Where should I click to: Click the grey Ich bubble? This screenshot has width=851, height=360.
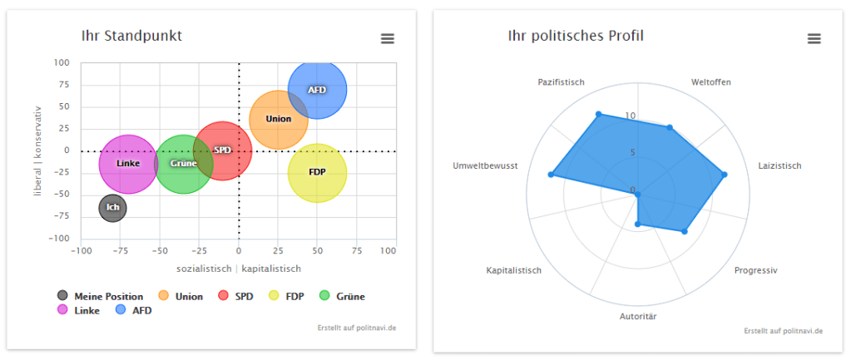click(x=112, y=207)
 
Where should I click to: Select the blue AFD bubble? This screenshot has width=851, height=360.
click(x=317, y=89)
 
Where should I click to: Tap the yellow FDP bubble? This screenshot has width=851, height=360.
click(x=317, y=173)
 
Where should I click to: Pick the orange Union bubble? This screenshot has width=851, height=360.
click(x=279, y=119)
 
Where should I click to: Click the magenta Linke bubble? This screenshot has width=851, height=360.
click(x=128, y=164)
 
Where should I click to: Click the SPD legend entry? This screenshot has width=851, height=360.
click(x=235, y=296)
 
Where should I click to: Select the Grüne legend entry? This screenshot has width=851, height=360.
click(x=342, y=296)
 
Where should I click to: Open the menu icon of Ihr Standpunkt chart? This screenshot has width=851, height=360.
click(x=388, y=38)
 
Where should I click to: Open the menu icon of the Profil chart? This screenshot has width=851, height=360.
click(x=814, y=38)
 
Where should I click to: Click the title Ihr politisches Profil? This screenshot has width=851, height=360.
click(x=576, y=36)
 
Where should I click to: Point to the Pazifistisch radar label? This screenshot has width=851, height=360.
click(x=561, y=82)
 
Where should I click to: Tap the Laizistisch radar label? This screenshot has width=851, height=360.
click(x=779, y=165)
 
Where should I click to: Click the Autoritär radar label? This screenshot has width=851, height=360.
click(x=638, y=316)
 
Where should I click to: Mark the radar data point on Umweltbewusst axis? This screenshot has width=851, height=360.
click(x=551, y=175)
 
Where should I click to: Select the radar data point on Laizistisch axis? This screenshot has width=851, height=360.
click(x=725, y=175)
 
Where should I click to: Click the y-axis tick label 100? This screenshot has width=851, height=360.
click(x=61, y=62)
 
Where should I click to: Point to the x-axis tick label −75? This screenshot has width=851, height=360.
click(x=119, y=250)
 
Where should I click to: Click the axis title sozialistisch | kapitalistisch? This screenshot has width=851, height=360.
click(x=239, y=269)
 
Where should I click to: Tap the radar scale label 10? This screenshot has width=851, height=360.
click(x=631, y=116)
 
